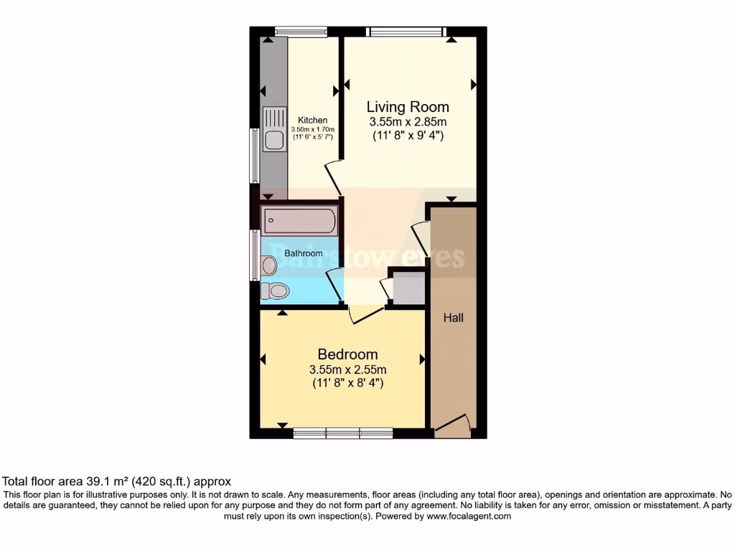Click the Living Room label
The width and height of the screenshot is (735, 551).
tap(408, 107)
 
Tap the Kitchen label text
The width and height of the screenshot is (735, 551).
tap(313, 121)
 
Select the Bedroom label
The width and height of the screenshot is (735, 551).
tap(347, 354)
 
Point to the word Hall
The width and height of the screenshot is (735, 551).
tap(453, 317)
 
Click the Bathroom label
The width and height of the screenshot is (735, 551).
tap(304, 253)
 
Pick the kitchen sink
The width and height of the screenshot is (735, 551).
tap(273, 129)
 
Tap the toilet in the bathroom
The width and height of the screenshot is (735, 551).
tap(274, 291)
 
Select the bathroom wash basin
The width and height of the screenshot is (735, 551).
tap(268, 266)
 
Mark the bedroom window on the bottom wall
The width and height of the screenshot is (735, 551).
tap(343, 433)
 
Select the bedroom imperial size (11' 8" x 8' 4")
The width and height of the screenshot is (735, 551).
tap(347, 383)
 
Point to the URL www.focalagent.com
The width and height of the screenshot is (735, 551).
tap(469, 516)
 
